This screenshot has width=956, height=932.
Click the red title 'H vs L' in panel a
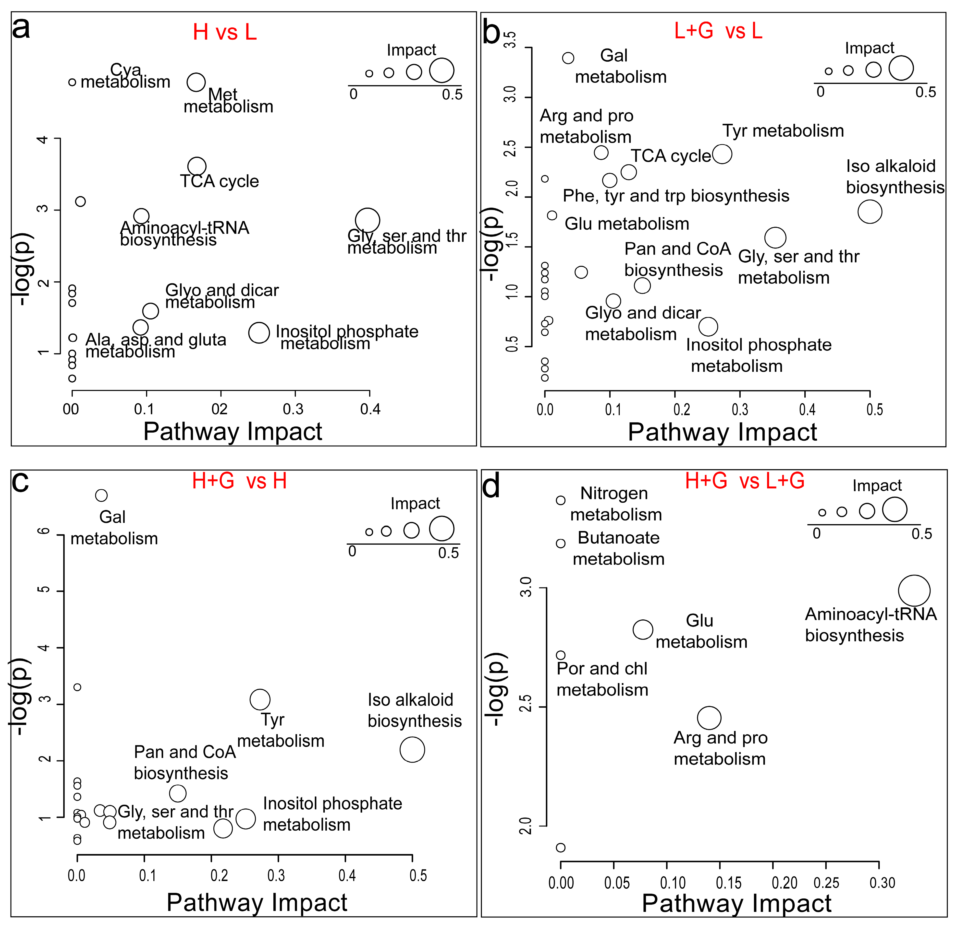225,32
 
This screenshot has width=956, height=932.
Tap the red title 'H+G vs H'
239,481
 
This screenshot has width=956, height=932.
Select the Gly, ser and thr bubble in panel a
367,220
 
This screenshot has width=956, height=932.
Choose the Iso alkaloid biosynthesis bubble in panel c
412,750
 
